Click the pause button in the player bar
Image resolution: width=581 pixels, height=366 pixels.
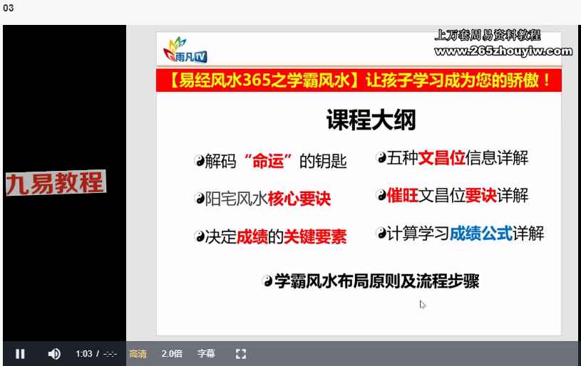[x=20, y=354]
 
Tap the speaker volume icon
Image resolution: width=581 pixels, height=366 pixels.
[x=54, y=354]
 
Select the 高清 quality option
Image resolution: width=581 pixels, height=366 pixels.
[x=138, y=354]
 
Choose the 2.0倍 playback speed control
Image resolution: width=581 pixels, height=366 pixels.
[x=172, y=354]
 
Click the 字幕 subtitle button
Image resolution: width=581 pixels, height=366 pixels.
[x=206, y=354]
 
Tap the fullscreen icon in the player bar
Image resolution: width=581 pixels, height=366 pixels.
[x=241, y=354]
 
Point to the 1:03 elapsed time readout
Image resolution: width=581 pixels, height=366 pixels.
[x=84, y=354]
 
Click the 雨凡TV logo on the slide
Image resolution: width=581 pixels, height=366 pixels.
[x=185, y=50]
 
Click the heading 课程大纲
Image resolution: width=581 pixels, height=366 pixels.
[x=371, y=120]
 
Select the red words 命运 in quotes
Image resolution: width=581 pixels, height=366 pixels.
[x=268, y=162]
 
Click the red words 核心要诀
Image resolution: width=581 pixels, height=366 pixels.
[x=299, y=199]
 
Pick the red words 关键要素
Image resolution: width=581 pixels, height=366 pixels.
[x=315, y=237]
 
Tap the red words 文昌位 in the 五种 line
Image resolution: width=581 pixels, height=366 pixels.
[x=442, y=158]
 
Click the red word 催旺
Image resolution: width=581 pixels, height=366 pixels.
[x=402, y=195]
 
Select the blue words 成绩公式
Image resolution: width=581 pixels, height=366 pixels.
[x=481, y=234]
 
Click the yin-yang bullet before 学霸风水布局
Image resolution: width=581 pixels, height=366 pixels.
[x=267, y=281]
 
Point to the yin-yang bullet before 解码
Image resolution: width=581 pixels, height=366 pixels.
[x=200, y=161]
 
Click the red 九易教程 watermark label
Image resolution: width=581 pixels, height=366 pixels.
[x=56, y=183]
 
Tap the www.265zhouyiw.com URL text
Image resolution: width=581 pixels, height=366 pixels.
[x=503, y=51]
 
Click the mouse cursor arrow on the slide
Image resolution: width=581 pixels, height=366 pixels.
[x=423, y=305]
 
